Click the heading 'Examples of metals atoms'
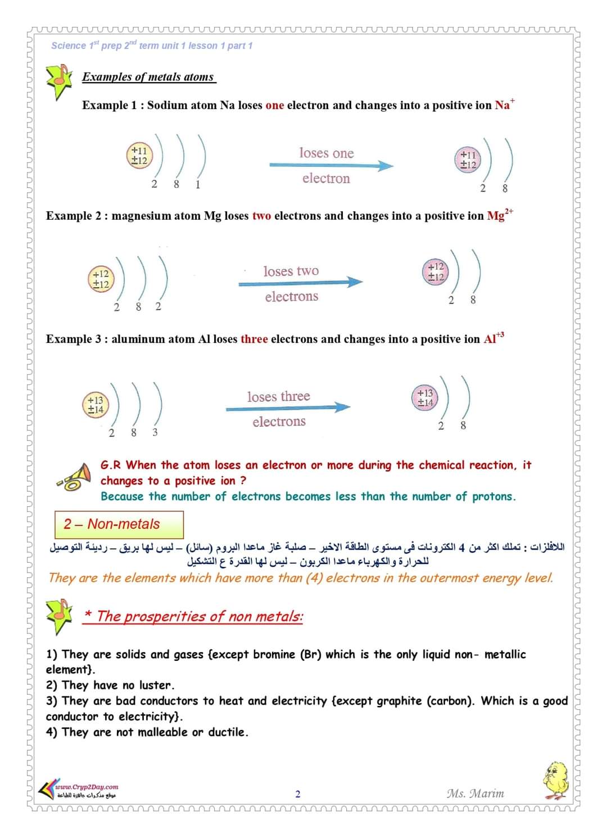148,77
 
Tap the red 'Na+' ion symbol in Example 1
504,105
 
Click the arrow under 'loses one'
331,165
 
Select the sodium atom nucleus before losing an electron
139,155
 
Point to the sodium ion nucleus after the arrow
468,160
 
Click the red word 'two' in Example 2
262,216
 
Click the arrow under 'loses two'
300,282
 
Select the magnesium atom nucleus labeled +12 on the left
101,279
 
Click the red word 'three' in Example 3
254,339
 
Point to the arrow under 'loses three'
288,407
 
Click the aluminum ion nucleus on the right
425,397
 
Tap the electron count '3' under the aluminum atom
155,432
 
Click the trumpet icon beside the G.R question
74,477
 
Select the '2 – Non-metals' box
119,524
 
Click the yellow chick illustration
556,780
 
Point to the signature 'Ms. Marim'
475,794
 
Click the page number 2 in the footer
298,794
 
